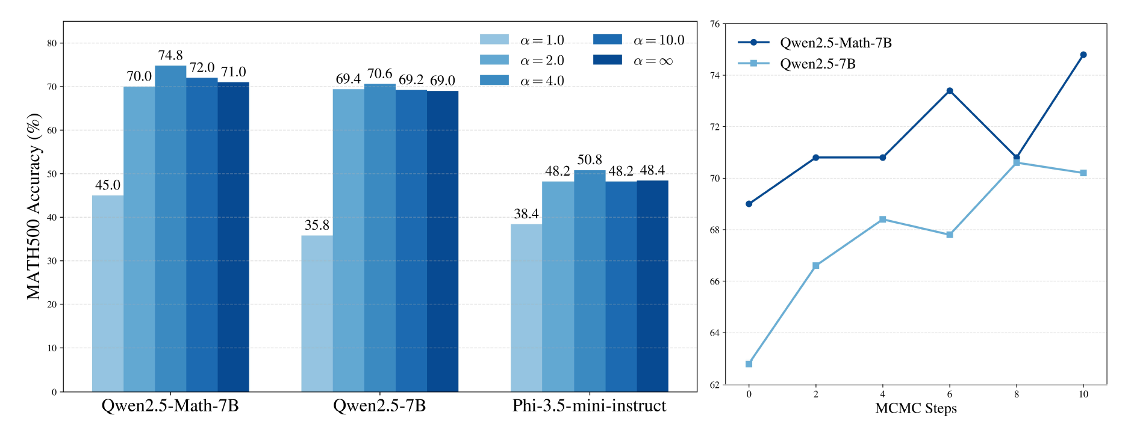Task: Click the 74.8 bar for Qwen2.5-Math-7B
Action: (170, 229)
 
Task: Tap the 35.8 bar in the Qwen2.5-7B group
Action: (317, 313)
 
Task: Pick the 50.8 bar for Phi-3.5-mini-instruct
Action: (590, 281)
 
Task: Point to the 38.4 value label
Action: (526, 214)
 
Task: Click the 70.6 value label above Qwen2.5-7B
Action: (380, 74)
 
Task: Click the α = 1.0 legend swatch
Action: (494, 40)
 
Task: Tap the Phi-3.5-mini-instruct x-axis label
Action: (589, 406)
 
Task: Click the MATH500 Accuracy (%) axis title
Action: (34, 206)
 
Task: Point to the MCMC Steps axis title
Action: (915, 409)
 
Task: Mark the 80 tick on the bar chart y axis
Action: (52, 43)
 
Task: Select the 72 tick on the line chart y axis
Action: (715, 127)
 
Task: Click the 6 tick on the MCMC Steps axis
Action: (950, 395)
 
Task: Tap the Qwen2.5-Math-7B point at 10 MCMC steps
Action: (1083, 55)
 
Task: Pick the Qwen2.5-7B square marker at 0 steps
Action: (749, 364)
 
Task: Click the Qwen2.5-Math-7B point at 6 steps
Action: (950, 91)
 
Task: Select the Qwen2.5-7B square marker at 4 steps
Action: (883, 220)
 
